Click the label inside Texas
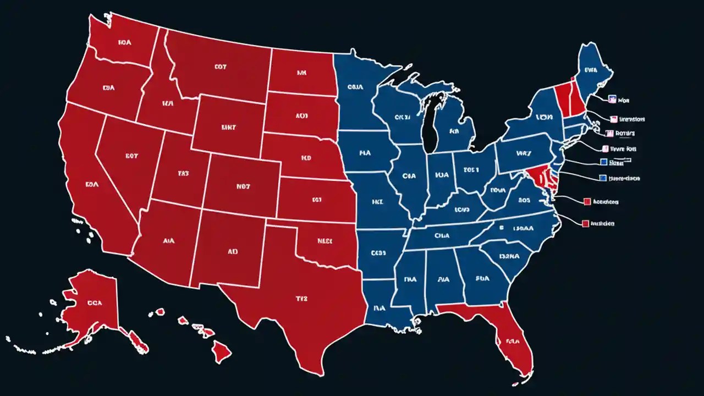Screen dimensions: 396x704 (x=301, y=299)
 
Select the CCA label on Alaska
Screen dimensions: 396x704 (x=94, y=302)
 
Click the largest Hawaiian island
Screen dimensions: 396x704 (x=222, y=351)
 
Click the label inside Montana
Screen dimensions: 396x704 (x=220, y=67)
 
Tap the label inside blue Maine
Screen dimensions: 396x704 (x=591, y=70)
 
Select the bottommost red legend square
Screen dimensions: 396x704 (x=586, y=223)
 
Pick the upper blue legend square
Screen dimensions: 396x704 (x=603, y=162)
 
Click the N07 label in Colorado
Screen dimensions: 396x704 (x=243, y=186)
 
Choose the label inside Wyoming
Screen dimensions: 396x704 (x=228, y=127)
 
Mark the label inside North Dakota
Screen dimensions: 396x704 (x=301, y=72)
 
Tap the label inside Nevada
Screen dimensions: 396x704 (x=131, y=156)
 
